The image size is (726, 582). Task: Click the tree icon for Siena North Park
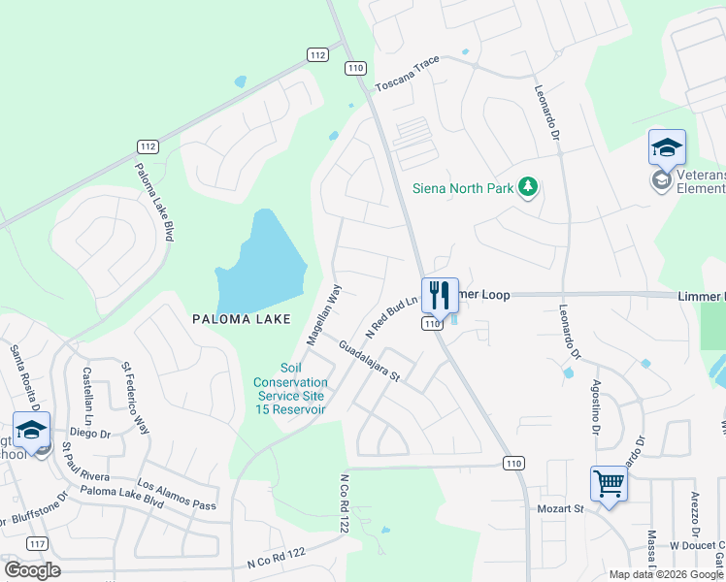527,186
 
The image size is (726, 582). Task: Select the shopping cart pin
609,481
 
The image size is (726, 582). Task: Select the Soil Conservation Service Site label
290,388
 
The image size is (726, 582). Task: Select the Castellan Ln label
87,393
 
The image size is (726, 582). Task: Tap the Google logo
32,570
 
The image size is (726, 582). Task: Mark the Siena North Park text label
463,187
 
